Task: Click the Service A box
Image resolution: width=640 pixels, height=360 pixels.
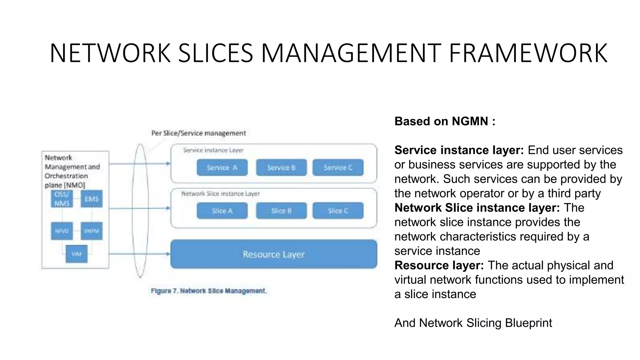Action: [222, 167]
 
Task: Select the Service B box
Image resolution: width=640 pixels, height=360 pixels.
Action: [281, 167]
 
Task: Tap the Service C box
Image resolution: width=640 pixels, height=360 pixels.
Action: [338, 167]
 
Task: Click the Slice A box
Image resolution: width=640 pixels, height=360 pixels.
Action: [222, 211]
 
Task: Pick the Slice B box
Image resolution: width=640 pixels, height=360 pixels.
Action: [281, 211]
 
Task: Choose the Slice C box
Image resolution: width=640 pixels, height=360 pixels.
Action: [338, 211]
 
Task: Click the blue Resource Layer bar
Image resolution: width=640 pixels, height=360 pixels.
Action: [273, 254]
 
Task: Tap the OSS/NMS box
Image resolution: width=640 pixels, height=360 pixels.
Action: [62, 199]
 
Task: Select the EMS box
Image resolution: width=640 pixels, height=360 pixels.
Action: [91, 199]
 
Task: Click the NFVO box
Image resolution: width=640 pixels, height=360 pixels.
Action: [62, 231]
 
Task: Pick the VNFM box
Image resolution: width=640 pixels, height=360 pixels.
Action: [91, 231]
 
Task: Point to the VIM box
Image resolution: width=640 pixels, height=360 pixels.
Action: [77, 254]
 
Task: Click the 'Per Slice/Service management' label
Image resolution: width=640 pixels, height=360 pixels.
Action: [198, 133]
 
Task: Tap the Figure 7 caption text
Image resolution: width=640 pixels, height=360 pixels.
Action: [208, 291]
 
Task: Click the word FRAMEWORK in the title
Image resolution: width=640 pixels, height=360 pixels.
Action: [528, 53]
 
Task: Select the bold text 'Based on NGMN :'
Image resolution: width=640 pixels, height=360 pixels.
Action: [445, 121]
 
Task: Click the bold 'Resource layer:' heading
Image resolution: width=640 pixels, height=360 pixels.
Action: [439, 265]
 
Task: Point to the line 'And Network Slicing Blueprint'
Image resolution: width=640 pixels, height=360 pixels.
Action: [473, 323]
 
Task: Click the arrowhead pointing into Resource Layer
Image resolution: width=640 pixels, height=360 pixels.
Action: [168, 254]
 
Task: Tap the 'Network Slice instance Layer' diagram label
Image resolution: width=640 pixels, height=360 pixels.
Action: [220, 194]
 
